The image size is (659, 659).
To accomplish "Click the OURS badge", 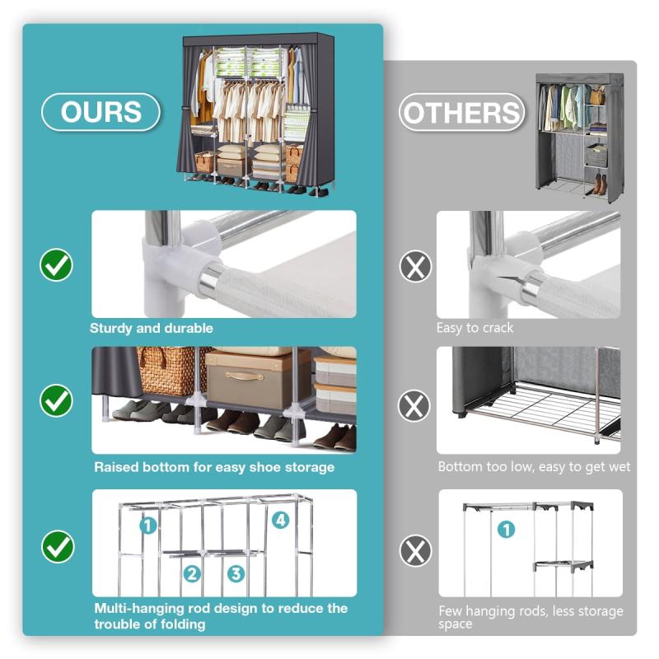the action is (x=100, y=112).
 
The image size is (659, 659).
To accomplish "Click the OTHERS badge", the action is (x=461, y=112).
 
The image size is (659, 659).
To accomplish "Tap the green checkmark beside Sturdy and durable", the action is (x=56, y=264).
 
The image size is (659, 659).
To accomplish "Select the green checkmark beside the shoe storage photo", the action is (x=56, y=400).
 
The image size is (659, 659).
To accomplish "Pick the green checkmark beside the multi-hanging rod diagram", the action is (x=58, y=547).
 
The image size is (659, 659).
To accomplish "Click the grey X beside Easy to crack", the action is (x=415, y=266).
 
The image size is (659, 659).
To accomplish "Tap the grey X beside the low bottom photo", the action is (x=414, y=405).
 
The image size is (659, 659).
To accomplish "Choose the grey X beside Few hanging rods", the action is (x=415, y=550).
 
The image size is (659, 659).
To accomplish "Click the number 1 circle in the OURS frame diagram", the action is (x=148, y=525).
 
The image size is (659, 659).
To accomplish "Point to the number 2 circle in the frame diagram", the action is (x=192, y=573).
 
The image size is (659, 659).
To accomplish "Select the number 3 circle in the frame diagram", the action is (x=236, y=573).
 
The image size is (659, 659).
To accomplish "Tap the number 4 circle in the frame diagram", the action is (x=281, y=520).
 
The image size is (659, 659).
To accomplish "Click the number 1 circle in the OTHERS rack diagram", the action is (x=506, y=530).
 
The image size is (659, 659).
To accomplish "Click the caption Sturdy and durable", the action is (x=152, y=328).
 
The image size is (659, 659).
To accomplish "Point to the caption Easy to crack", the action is (x=474, y=328).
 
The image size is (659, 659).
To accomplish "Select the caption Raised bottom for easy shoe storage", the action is (x=214, y=467).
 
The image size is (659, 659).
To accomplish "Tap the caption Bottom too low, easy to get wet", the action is (x=534, y=467).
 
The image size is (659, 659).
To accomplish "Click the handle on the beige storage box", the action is (x=245, y=376).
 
